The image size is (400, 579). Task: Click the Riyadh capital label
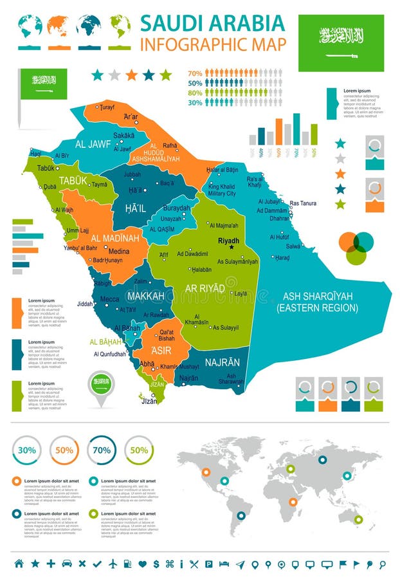click(228, 241)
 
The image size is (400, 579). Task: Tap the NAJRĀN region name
click(223, 362)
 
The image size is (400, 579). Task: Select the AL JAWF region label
click(94, 145)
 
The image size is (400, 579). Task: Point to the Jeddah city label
click(84, 303)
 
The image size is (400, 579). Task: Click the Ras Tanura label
click(303, 203)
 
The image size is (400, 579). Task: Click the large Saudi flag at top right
click(341, 43)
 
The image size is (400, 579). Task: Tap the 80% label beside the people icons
click(195, 93)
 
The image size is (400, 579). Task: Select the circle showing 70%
click(102, 450)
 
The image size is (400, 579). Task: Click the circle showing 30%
click(27, 450)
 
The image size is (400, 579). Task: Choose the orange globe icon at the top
click(58, 26)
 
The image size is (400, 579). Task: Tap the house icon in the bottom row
click(19, 564)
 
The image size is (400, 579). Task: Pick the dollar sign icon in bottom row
click(156, 564)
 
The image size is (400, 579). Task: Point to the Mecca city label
click(109, 299)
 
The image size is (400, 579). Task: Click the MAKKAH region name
click(146, 296)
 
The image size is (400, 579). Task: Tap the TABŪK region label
click(73, 181)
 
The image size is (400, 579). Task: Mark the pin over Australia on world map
click(358, 519)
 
